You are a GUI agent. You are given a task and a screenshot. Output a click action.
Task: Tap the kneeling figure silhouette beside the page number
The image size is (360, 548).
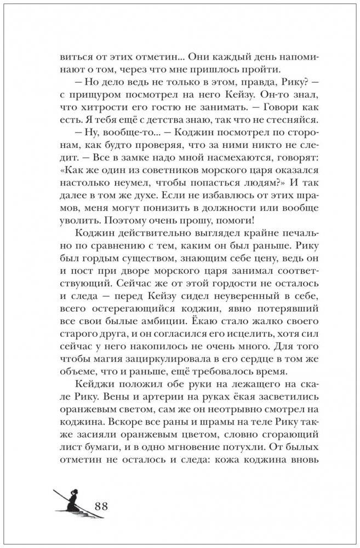click(72, 503)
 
